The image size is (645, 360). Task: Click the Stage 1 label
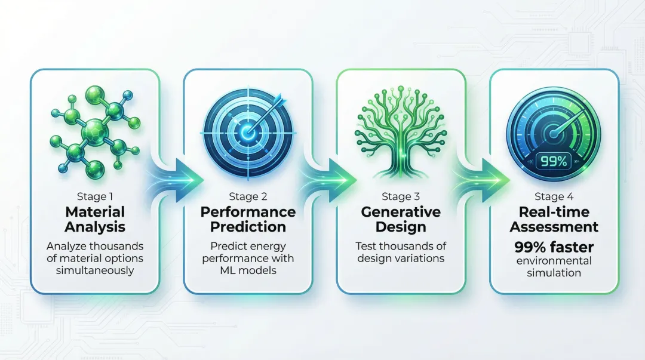coord(96,196)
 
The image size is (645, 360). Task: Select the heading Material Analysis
coord(96,219)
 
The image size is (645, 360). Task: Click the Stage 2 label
coord(248,196)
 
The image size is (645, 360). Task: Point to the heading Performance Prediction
coord(248,219)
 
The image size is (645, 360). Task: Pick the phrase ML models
coord(248,271)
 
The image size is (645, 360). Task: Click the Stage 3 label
coord(401,196)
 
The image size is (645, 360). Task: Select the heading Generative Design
coord(401,219)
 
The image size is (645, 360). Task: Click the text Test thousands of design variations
coord(401,251)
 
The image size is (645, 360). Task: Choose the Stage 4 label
coord(554,196)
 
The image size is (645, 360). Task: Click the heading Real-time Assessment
coord(554,219)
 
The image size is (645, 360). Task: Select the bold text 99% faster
coord(554,247)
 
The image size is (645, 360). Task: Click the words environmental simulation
coord(554,267)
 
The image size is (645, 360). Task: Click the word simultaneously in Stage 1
coord(96,271)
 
